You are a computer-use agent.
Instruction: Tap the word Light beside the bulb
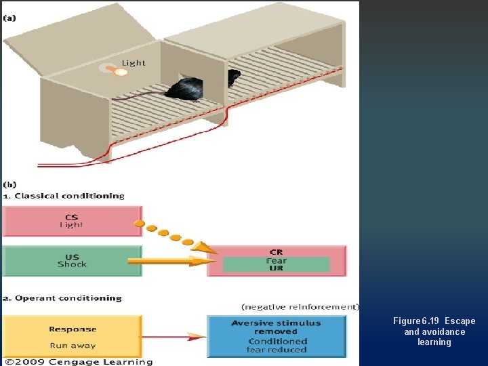click(134, 62)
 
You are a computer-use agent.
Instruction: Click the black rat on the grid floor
click(186, 89)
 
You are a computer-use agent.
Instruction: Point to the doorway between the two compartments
click(234, 78)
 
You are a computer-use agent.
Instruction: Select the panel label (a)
click(10, 18)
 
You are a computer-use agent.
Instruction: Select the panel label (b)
click(10, 184)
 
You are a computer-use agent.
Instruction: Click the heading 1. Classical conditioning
click(64, 196)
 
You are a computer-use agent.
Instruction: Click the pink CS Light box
click(72, 221)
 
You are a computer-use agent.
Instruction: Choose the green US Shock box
click(72, 261)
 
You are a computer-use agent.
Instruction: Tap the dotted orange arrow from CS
click(169, 236)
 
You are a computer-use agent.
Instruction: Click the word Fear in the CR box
click(276, 260)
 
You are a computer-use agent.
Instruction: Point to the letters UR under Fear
click(276, 268)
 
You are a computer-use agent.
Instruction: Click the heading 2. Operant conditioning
click(62, 298)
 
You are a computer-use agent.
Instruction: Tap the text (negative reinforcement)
click(300, 307)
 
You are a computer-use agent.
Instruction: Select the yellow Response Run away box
click(72, 336)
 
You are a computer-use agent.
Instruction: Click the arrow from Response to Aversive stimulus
click(174, 336)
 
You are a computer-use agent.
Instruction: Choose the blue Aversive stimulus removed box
click(276, 336)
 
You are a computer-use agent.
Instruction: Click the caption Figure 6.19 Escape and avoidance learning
click(434, 331)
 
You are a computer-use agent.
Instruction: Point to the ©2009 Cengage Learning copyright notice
click(77, 361)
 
